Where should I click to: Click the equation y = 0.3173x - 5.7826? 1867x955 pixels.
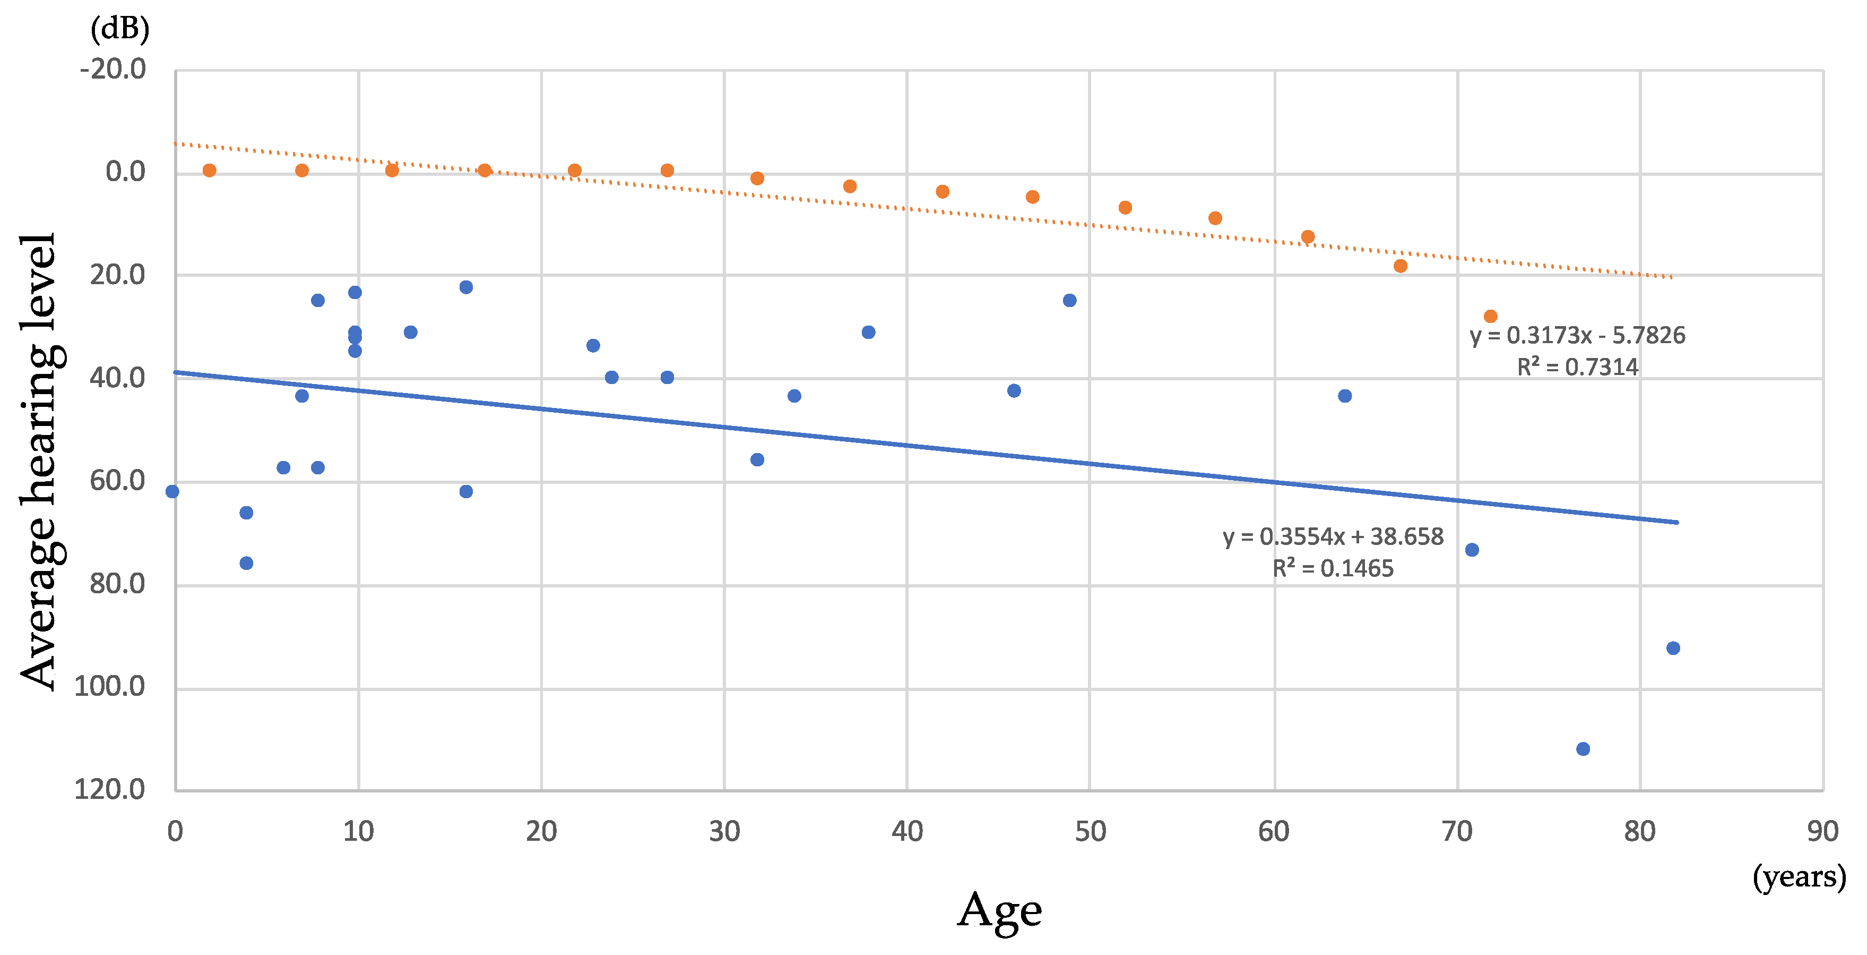point(1577,336)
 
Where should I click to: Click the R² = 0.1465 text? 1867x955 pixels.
point(1333,568)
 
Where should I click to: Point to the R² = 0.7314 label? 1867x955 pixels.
point(1577,367)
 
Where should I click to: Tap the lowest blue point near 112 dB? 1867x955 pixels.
point(1583,748)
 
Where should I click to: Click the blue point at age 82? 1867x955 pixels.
point(1673,647)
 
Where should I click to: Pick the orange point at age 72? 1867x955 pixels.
point(1490,316)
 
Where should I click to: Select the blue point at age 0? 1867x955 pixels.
point(172,492)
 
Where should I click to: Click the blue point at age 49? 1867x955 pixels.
point(1070,300)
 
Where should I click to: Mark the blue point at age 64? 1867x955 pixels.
point(1344,396)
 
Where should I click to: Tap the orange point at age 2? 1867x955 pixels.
point(210,170)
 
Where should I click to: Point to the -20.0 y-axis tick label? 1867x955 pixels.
point(113,70)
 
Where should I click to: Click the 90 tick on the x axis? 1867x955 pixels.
point(1822,832)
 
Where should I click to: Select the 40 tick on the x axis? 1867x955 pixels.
point(906,832)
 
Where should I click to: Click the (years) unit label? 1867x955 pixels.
point(1799,877)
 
